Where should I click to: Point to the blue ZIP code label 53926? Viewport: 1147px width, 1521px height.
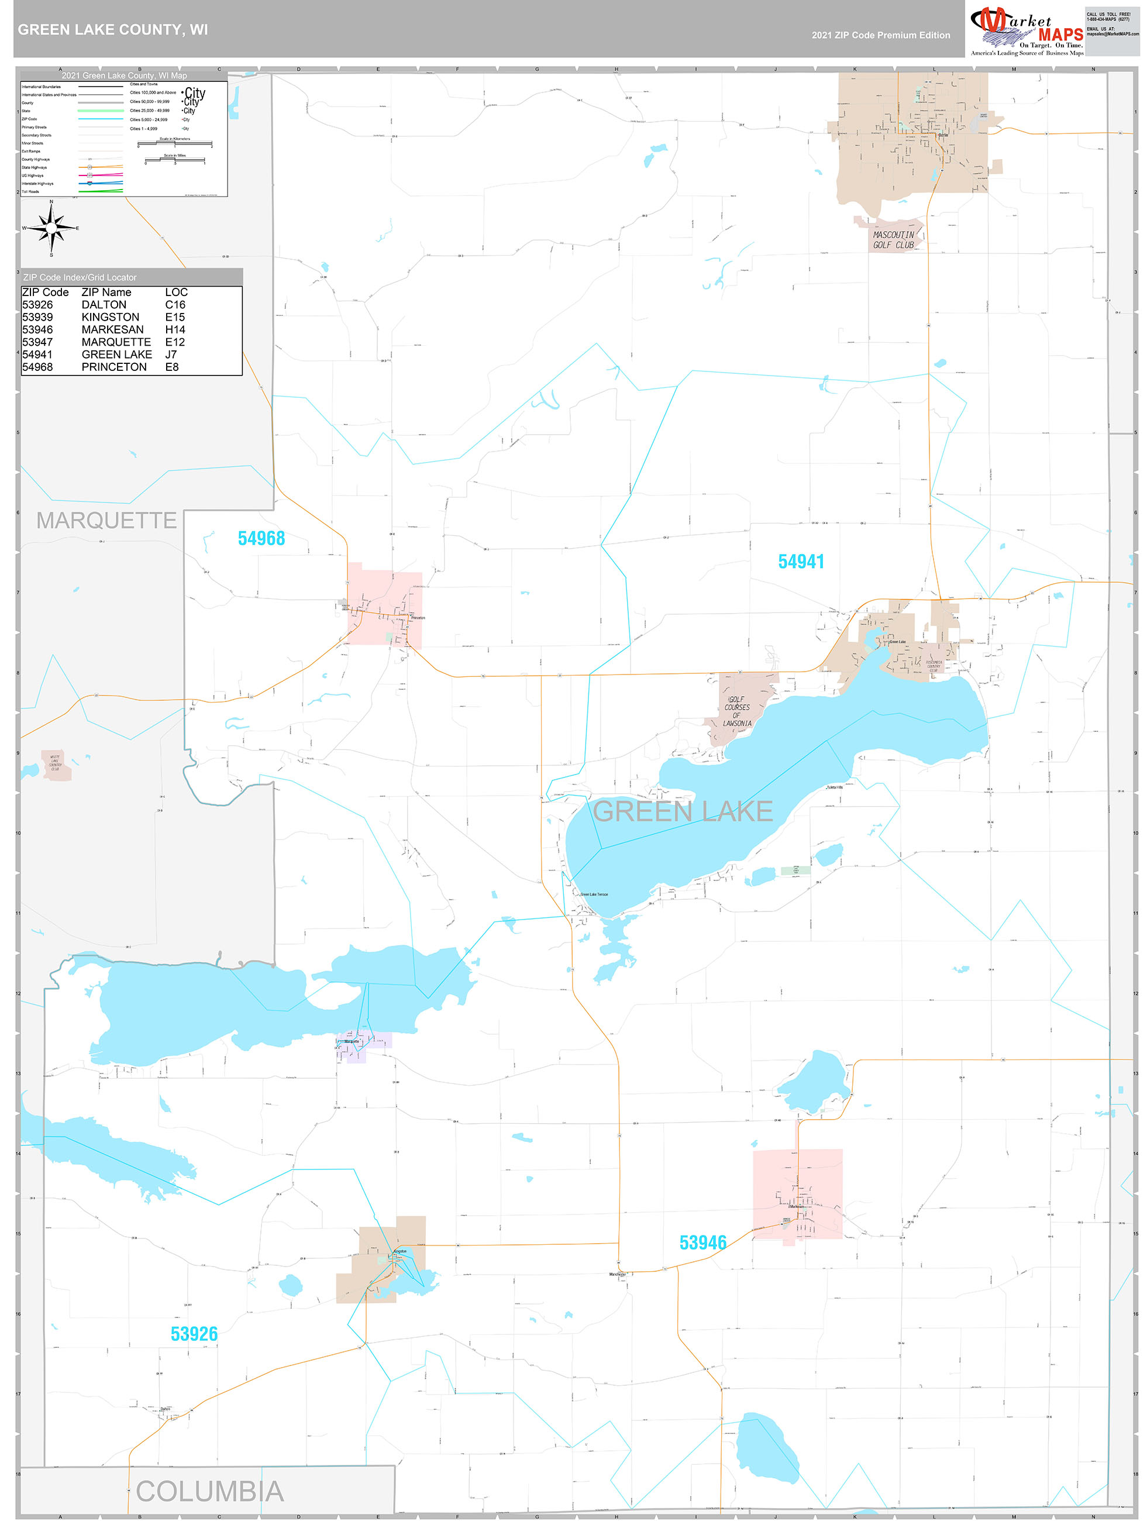coord(194,1334)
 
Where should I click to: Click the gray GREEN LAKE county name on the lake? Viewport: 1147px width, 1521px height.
coord(682,812)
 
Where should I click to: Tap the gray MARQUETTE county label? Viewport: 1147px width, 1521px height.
coord(106,521)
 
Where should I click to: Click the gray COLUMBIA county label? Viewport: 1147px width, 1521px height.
coord(210,1491)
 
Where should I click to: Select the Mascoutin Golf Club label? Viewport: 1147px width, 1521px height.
coord(893,240)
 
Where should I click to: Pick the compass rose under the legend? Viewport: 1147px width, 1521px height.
coord(51,228)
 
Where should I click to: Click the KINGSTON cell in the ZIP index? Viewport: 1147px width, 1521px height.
coord(110,317)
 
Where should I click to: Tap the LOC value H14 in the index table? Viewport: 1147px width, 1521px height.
coord(175,330)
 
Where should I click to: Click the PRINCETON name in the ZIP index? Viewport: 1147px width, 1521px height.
coord(114,367)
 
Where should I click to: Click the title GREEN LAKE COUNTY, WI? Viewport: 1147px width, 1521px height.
coord(113,30)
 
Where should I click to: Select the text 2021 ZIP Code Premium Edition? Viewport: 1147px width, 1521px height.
coord(880,35)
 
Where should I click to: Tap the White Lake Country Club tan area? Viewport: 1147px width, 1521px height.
coord(56,765)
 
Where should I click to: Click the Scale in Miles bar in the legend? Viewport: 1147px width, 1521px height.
coord(175,160)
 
